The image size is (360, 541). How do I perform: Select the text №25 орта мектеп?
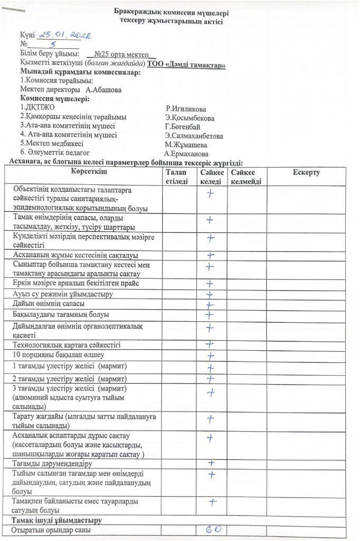[x=121, y=54]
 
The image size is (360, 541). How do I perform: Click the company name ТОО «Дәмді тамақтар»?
[x=187, y=64]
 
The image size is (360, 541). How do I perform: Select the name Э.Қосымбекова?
[x=190, y=118]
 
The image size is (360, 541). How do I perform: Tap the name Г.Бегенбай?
[x=183, y=127]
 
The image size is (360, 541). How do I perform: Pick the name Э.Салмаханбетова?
[x=194, y=136]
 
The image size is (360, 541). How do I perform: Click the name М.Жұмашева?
[x=186, y=145]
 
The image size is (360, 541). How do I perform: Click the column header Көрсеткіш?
[x=82, y=173]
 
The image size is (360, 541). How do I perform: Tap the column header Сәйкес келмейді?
[x=246, y=177]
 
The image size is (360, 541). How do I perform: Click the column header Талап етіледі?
[x=176, y=177]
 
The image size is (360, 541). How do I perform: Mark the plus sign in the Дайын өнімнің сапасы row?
[x=210, y=305]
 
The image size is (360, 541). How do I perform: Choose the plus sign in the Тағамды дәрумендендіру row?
[x=211, y=463]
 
